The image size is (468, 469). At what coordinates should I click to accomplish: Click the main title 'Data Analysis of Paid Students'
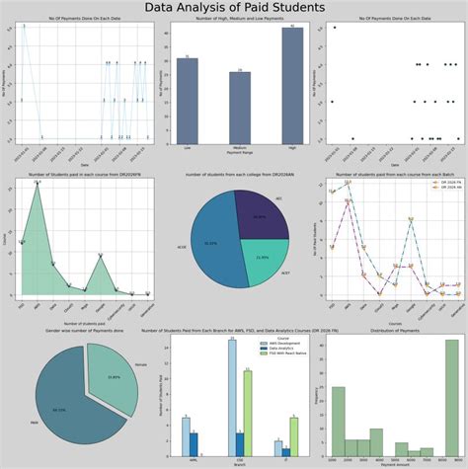coord(234,9)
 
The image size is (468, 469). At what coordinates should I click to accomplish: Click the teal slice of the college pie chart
coord(259,259)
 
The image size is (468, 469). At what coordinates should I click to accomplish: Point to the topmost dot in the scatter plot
coord(336,28)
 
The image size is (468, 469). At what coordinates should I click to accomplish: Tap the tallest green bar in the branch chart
coord(247,415)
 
